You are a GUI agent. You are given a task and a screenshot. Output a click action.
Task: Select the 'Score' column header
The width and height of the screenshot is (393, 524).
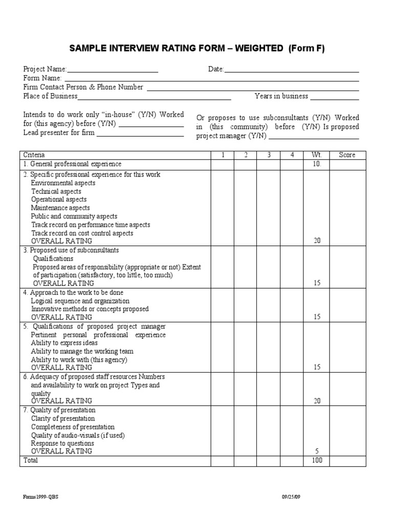click(347, 155)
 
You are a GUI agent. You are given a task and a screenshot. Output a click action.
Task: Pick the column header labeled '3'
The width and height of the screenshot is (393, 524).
click(269, 155)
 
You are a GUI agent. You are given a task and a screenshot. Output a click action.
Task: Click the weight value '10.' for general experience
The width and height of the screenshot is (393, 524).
click(317, 164)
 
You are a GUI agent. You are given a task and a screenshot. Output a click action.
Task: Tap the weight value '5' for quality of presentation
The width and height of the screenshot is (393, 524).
click(317, 451)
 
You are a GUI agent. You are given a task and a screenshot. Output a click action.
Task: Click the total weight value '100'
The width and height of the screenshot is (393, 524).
click(317, 461)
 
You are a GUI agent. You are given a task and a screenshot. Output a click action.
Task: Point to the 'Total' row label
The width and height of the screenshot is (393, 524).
click(31, 461)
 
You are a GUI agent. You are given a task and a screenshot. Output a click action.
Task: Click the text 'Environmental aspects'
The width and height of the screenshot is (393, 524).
click(63, 183)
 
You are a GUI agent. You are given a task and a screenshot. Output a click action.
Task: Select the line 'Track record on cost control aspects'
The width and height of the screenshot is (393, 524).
click(82, 233)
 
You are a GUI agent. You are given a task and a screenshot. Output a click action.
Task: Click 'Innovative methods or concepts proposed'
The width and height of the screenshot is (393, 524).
click(90, 309)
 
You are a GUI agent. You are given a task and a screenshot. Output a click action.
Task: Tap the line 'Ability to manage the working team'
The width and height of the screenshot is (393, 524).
click(82, 351)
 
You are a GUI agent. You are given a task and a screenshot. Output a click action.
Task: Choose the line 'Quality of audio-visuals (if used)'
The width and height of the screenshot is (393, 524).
click(78, 435)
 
